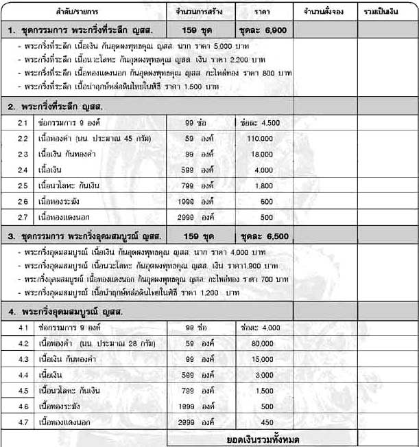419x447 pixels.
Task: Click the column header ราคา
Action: coord(262,13)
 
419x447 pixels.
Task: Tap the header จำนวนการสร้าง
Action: coord(200,13)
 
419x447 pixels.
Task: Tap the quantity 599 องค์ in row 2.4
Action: coord(200,170)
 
